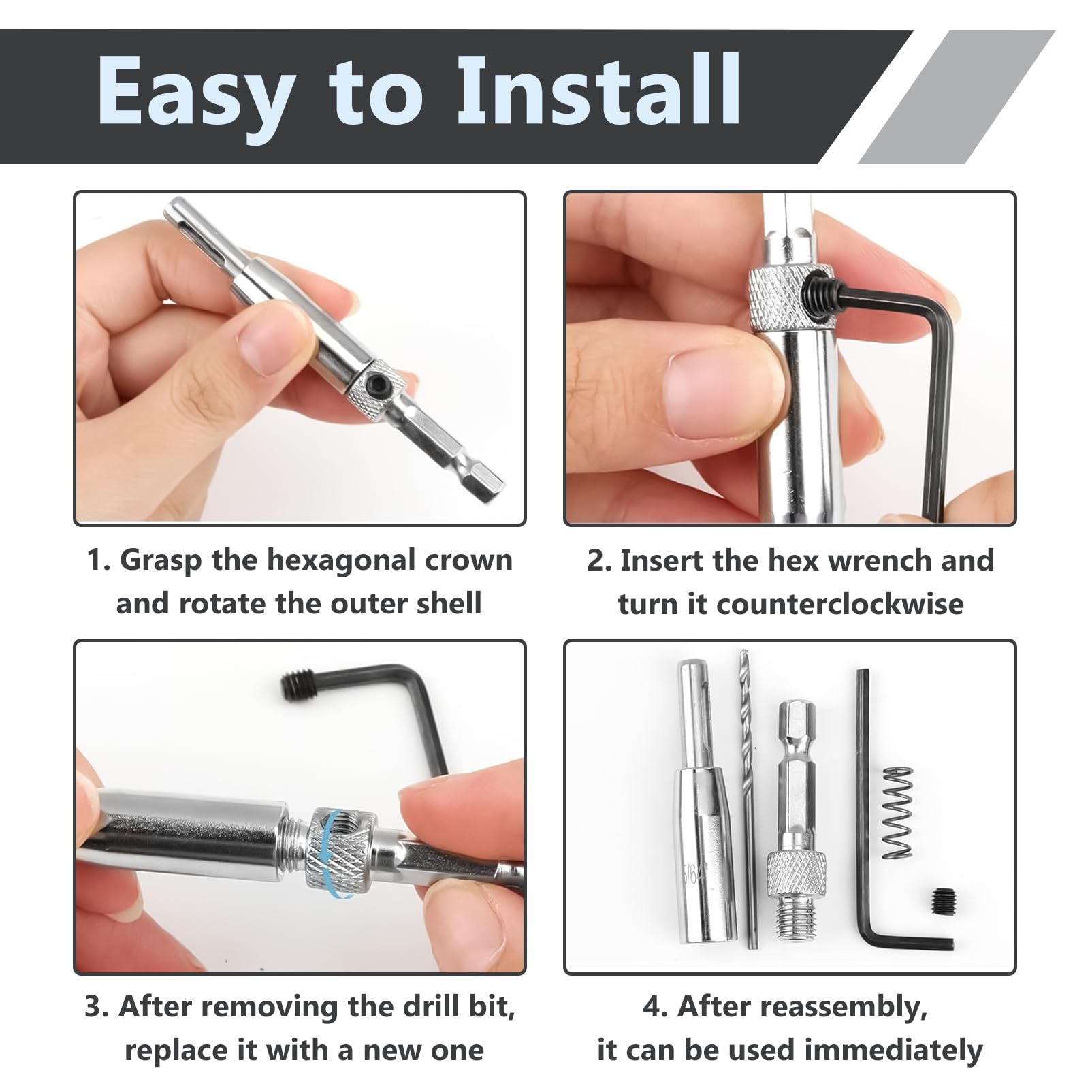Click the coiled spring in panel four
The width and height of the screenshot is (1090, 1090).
[897, 812]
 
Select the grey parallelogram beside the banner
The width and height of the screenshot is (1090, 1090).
[957, 97]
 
